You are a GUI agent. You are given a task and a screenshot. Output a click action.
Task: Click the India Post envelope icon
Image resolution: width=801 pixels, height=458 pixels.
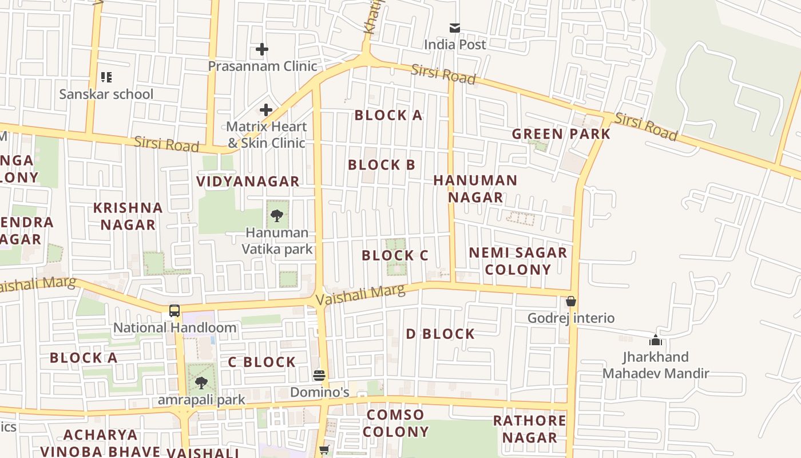tap(455, 27)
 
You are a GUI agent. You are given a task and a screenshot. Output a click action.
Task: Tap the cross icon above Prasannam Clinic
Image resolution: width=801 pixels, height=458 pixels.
tap(262, 49)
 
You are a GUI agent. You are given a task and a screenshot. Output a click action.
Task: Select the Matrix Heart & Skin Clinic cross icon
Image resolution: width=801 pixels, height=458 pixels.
tap(266, 109)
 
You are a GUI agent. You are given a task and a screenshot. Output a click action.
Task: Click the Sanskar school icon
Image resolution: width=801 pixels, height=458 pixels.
tap(106, 77)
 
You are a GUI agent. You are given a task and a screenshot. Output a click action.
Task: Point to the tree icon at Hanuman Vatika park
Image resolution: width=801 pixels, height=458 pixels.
tap(277, 216)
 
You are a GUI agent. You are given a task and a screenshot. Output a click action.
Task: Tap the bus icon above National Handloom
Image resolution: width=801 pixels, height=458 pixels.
tap(175, 311)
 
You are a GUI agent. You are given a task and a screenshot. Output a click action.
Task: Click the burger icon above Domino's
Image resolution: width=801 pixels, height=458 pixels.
tap(319, 376)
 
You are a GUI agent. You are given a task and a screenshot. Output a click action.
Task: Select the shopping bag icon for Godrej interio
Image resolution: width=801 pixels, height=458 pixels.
tap(570, 301)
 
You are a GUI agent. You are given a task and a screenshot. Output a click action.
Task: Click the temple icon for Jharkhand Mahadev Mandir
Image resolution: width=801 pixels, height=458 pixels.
tap(656, 340)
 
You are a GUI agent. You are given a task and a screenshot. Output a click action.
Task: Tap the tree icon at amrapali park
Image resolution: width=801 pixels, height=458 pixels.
tap(201, 382)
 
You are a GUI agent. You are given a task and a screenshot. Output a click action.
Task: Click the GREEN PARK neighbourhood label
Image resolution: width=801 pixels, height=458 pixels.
tap(561, 134)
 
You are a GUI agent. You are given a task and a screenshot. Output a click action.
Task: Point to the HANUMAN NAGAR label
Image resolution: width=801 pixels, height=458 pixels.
tap(475, 188)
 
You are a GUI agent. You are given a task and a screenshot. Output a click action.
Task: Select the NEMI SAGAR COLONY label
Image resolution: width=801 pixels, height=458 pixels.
tap(518, 260)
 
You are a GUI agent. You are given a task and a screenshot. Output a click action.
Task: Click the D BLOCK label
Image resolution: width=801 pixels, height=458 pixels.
tap(440, 334)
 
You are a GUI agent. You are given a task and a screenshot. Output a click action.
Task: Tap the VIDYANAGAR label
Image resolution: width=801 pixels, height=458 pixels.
tap(248, 181)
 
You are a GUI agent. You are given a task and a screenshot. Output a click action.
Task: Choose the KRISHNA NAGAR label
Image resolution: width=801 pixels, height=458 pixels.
tap(128, 216)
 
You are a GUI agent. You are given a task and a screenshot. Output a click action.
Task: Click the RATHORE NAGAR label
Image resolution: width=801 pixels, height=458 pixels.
tap(529, 429)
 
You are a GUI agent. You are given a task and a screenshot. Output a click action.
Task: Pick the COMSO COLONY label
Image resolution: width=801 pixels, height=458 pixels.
tap(395, 423)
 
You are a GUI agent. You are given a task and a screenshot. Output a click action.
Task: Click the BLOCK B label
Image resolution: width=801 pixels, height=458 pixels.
tap(381, 165)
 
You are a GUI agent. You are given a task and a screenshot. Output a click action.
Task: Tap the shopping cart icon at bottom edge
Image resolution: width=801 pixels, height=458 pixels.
tap(324, 450)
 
